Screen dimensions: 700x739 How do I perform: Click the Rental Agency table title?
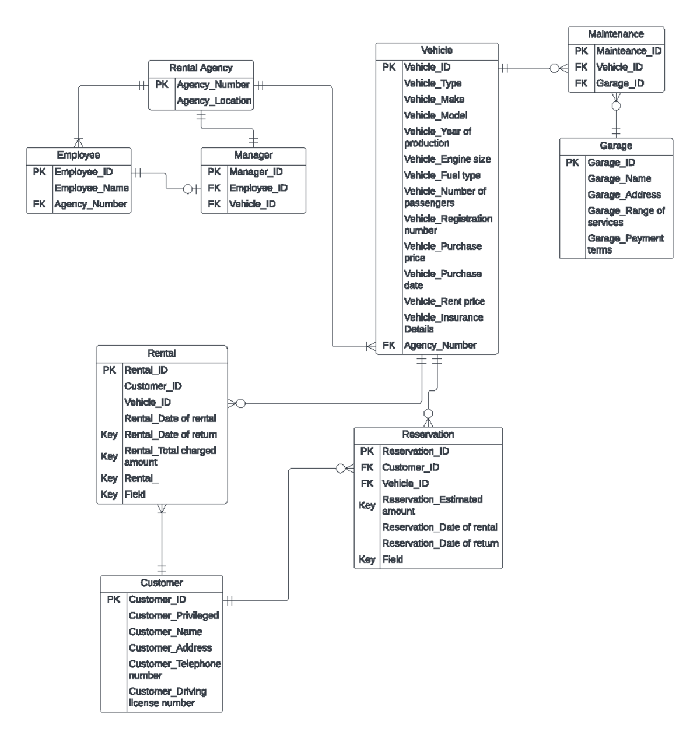click(x=201, y=68)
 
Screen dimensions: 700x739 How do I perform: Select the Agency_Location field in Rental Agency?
click(x=213, y=101)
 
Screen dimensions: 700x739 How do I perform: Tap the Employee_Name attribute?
click(x=92, y=188)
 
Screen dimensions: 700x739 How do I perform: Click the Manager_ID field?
click(x=256, y=172)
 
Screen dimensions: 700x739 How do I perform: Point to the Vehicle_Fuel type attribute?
click(x=442, y=175)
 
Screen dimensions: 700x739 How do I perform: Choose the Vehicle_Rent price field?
click(x=444, y=301)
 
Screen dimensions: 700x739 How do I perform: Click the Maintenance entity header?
click(x=615, y=34)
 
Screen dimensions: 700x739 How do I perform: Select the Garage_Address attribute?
click(x=624, y=195)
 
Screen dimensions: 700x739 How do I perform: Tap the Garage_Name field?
click(x=619, y=178)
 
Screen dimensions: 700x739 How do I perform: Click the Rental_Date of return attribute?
click(x=170, y=435)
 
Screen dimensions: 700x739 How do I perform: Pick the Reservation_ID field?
click(x=415, y=451)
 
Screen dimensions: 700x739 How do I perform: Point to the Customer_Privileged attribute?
click(x=173, y=615)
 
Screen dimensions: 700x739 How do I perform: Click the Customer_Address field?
click(x=170, y=647)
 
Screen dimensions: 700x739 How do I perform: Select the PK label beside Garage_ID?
click(x=572, y=163)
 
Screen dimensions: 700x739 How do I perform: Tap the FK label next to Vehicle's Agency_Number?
click(x=388, y=345)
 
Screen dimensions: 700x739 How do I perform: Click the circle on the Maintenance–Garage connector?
click(x=616, y=106)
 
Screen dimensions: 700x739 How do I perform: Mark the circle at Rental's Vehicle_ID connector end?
click(x=240, y=403)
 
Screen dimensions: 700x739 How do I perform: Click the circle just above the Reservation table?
click(x=428, y=413)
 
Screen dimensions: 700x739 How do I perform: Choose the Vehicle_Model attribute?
click(x=435, y=115)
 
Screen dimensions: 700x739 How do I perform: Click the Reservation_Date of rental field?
click(x=440, y=527)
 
